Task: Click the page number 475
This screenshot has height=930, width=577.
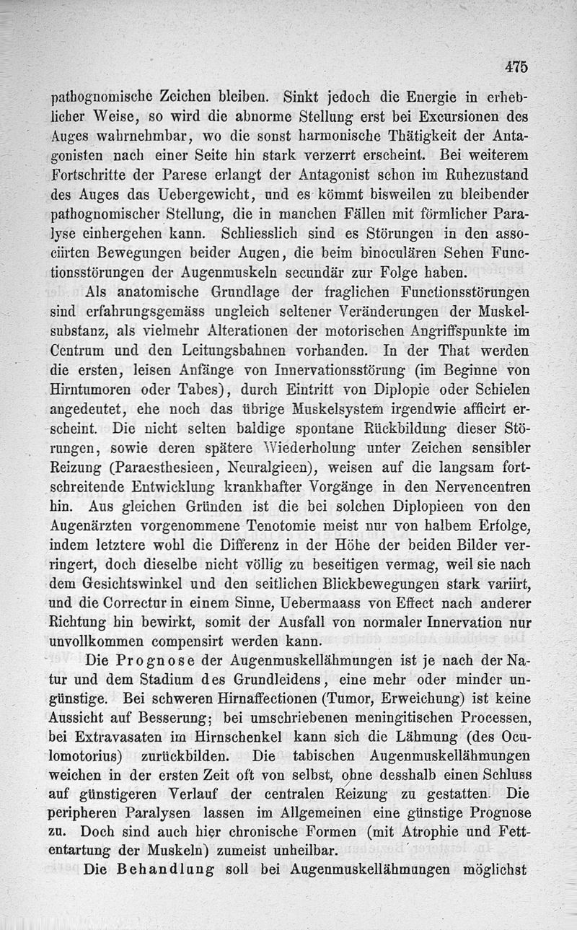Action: (516, 66)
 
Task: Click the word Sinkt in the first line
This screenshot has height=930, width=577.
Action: (301, 95)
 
